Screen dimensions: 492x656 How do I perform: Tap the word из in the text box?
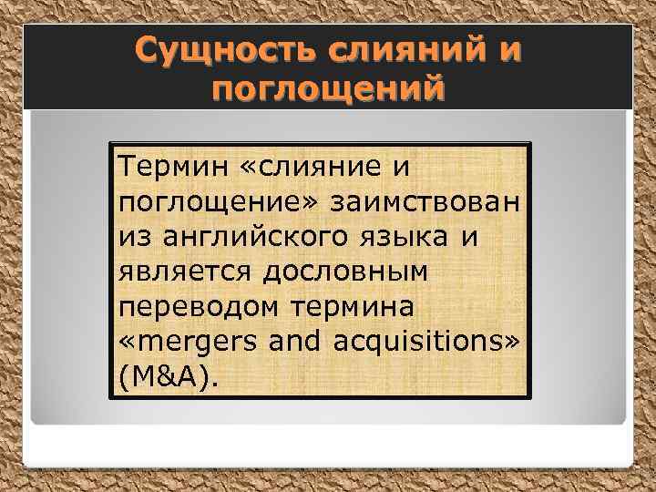point(131,237)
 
